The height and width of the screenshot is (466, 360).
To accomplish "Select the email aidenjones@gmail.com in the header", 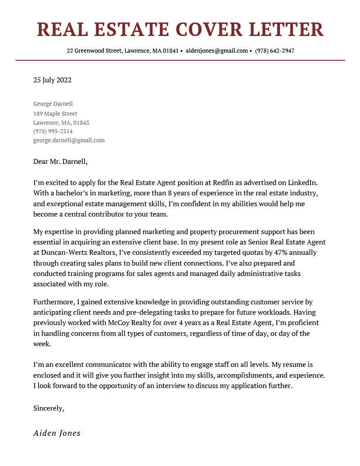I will (x=216, y=51).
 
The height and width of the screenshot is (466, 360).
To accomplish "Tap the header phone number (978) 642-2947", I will (x=274, y=51).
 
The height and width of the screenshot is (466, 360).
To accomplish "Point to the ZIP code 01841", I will (x=171, y=51).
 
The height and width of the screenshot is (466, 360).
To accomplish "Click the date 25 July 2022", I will (x=52, y=81).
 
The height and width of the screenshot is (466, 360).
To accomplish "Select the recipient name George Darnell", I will (x=53, y=104).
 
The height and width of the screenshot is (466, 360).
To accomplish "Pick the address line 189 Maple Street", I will (x=55, y=114).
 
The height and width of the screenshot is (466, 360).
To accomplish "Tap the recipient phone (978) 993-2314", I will (x=53, y=131).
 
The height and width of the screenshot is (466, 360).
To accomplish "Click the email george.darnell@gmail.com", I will (x=69, y=140).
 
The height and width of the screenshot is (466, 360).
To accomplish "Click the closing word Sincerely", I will (x=49, y=408).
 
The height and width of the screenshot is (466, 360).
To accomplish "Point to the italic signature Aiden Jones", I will (x=57, y=433).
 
